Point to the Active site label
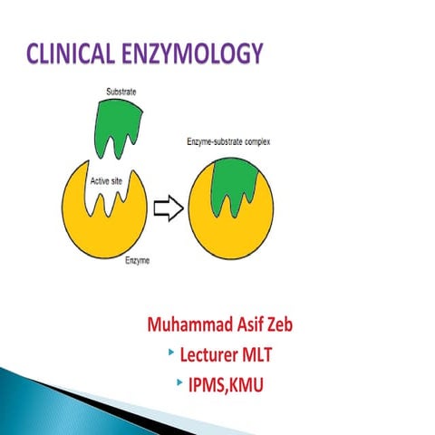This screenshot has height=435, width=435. click(x=109, y=181)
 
